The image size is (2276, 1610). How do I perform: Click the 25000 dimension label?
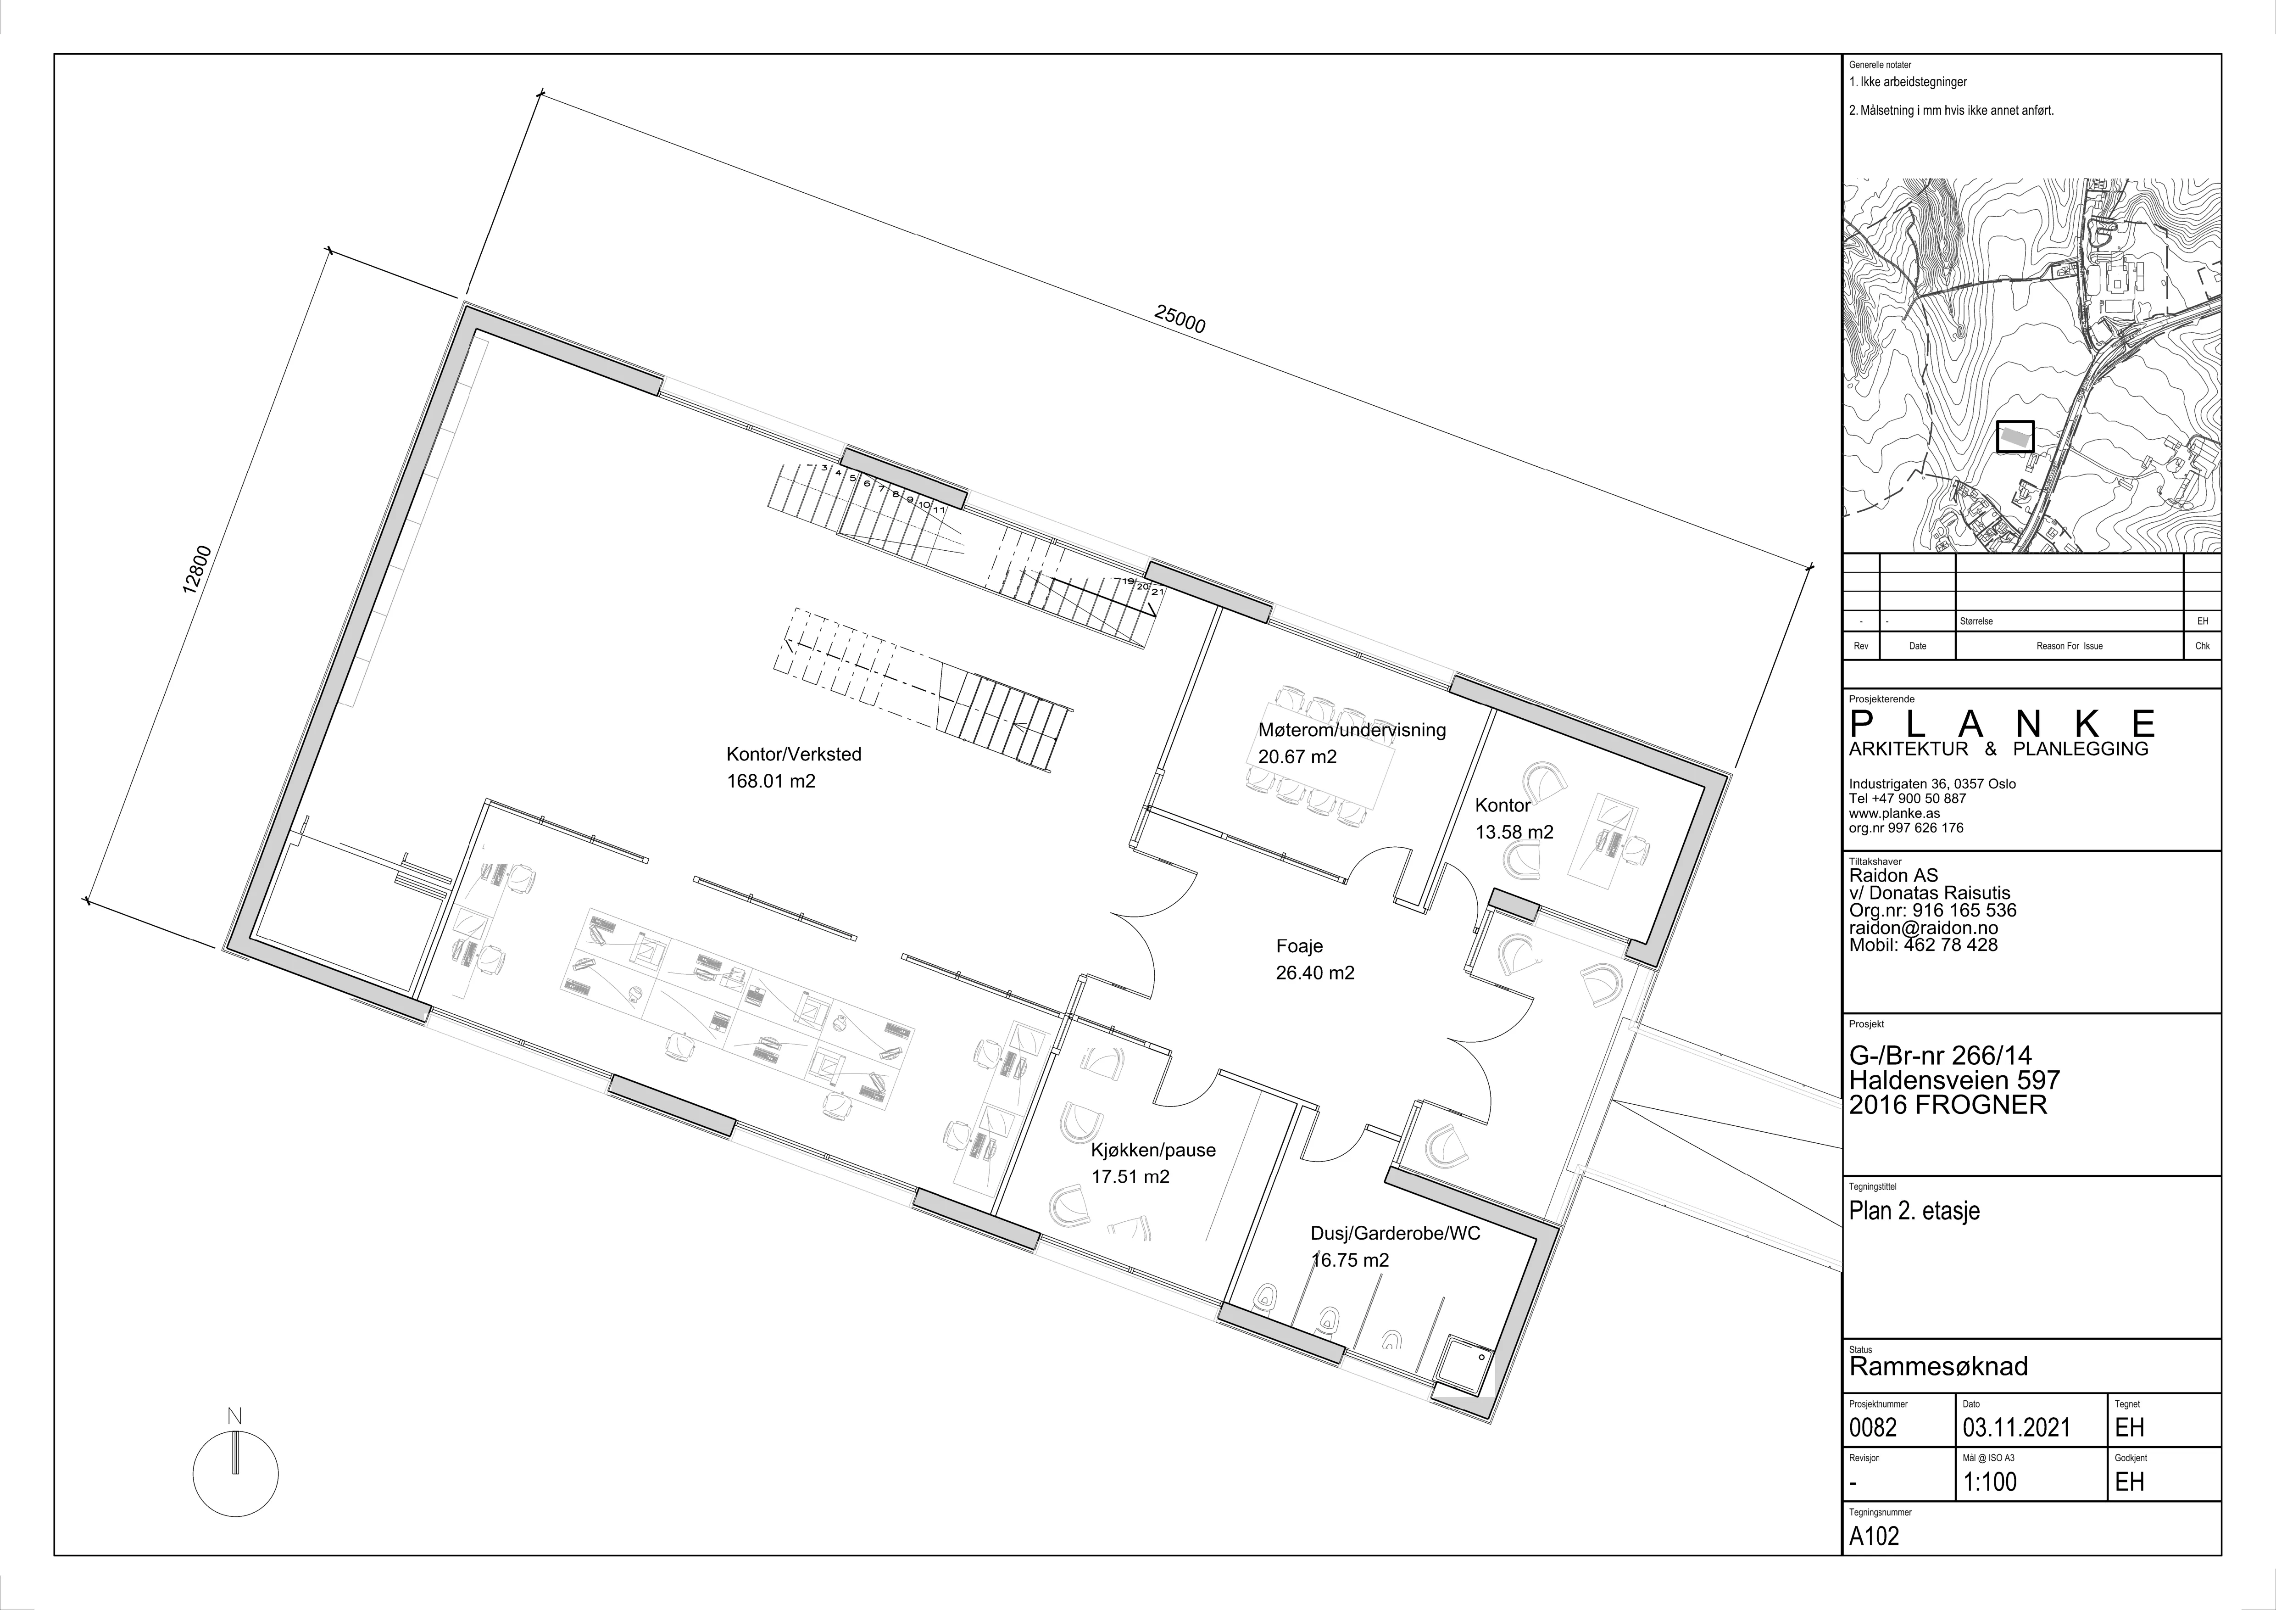click(x=1180, y=319)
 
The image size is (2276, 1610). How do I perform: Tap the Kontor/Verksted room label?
click(x=794, y=755)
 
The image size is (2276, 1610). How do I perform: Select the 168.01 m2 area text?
click(x=771, y=781)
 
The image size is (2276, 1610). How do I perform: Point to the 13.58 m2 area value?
click(x=1515, y=833)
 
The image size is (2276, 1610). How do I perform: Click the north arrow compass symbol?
click(x=235, y=1469)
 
